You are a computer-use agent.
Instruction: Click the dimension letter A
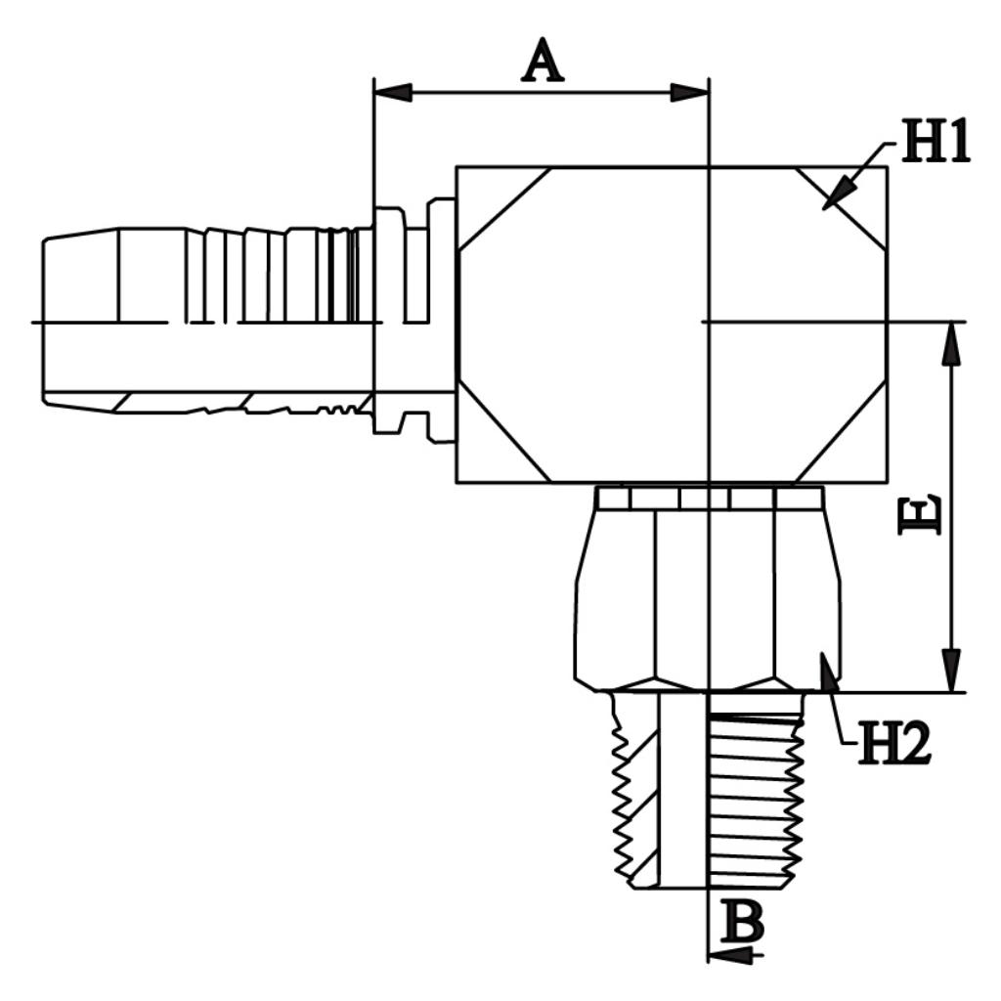tap(543, 62)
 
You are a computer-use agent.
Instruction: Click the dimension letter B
tap(742, 921)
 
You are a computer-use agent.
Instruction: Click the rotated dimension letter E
tap(919, 516)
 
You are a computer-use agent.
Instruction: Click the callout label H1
tap(936, 140)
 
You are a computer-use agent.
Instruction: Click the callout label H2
tap(893, 743)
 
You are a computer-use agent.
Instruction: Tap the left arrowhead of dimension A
tap(393, 93)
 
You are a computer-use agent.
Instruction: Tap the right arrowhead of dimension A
tap(689, 93)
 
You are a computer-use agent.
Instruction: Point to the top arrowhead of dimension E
tap(952, 343)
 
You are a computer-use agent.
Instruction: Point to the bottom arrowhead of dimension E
tap(952, 671)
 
